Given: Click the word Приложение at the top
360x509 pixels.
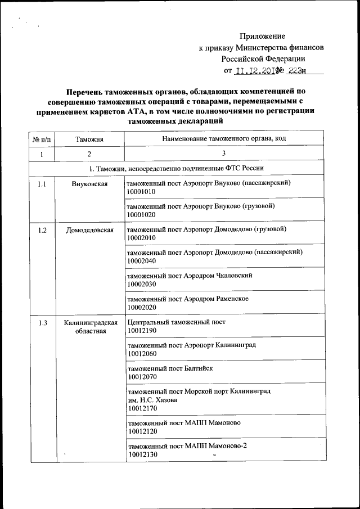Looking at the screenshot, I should click(x=263, y=36).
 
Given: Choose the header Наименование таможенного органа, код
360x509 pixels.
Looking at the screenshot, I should click(x=224, y=138).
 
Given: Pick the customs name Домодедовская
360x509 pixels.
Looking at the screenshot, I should click(x=89, y=230).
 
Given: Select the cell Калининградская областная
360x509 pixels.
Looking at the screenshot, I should click(x=90, y=327).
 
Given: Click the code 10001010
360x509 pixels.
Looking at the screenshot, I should click(x=141, y=192).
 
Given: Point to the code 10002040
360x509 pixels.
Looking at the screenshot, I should click(x=141, y=261).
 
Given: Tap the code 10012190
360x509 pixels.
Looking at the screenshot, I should click(x=141, y=330).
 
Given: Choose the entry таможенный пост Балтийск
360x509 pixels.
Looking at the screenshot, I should click(x=170, y=368).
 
